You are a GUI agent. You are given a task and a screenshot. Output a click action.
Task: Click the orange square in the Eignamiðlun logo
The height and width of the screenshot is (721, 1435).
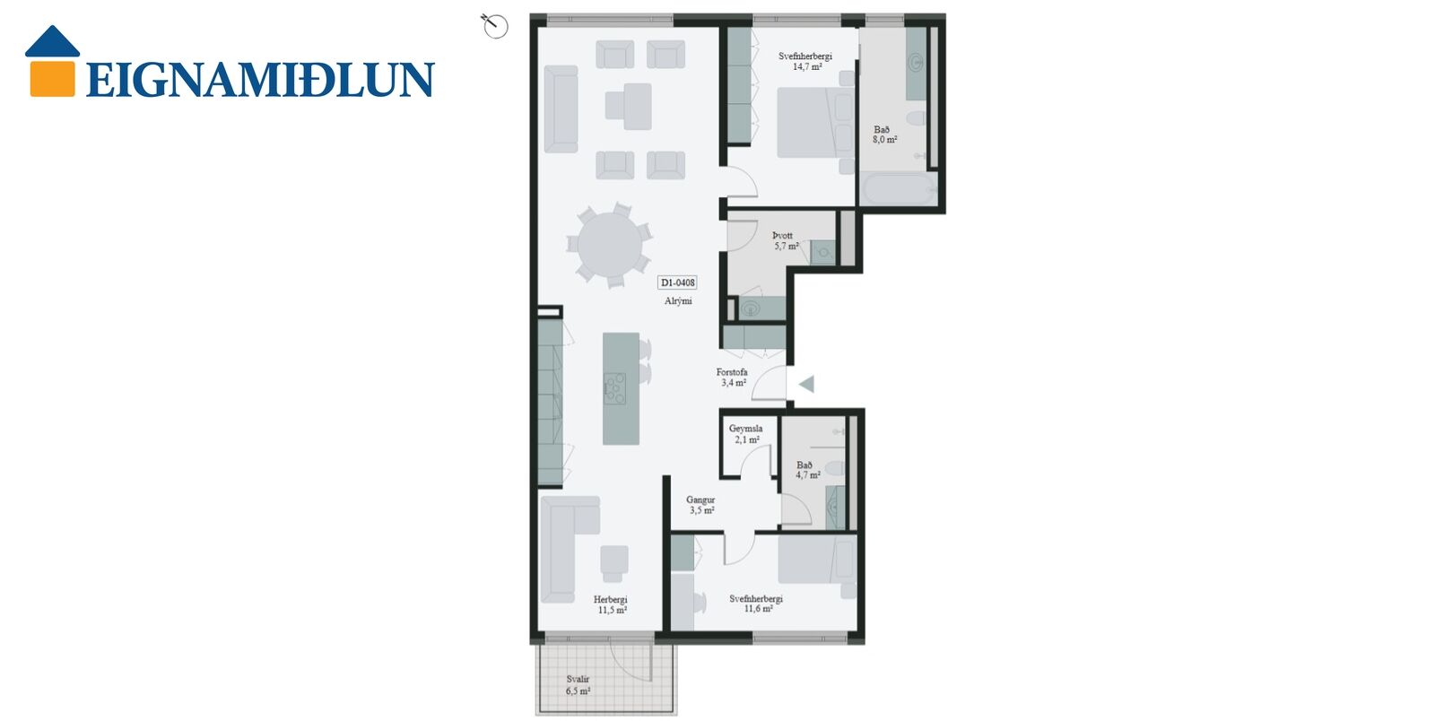pos(53,78)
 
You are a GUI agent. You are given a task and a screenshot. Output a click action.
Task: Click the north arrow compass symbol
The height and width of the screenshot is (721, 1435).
pos(494,26)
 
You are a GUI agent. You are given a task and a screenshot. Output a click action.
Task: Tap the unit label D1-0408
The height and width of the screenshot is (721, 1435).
pos(677,282)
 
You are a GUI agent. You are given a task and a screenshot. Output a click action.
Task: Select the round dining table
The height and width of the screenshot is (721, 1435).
pos(609,245)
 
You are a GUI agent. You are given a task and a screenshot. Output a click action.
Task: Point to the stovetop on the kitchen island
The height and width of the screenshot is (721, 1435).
pos(615,388)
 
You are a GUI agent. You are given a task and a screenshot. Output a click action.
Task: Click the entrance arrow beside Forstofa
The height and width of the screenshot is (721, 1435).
pos(806,384)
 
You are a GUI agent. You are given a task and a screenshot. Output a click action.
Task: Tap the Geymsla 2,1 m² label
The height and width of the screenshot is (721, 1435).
pos(746,434)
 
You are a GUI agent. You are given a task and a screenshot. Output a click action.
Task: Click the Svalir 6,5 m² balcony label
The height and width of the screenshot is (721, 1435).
pos(578,685)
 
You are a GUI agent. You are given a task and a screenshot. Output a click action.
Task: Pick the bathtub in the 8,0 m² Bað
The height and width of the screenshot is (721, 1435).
pos(898,188)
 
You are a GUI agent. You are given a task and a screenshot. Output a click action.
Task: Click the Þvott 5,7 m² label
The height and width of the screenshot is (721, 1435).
pos(786,240)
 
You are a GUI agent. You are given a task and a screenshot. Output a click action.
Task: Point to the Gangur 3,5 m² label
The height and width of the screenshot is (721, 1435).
pos(700,505)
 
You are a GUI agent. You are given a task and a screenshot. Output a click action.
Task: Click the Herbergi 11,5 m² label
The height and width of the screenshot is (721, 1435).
pos(611,605)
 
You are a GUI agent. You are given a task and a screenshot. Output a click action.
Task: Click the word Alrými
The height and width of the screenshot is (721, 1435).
pos(678,301)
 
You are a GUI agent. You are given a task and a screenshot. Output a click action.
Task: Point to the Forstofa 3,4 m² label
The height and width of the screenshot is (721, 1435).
pos(732,378)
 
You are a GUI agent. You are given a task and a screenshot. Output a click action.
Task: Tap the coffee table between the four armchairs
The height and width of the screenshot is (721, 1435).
pos(629,107)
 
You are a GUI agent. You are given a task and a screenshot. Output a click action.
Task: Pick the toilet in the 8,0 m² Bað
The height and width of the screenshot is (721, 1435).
pos(916,118)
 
